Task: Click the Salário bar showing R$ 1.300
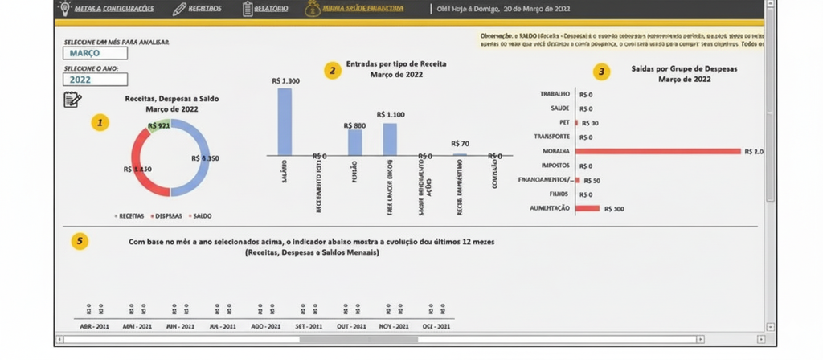click(x=285, y=121)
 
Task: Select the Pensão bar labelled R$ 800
click(x=354, y=142)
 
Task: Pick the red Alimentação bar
click(x=588, y=208)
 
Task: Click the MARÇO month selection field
click(x=95, y=54)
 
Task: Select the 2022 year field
click(x=95, y=80)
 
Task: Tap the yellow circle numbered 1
click(x=100, y=123)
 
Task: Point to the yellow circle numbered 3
click(x=604, y=72)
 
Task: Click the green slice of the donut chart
click(x=158, y=126)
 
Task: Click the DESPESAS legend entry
click(x=167, y=215)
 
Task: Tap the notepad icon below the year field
click(x=72, y=100)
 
